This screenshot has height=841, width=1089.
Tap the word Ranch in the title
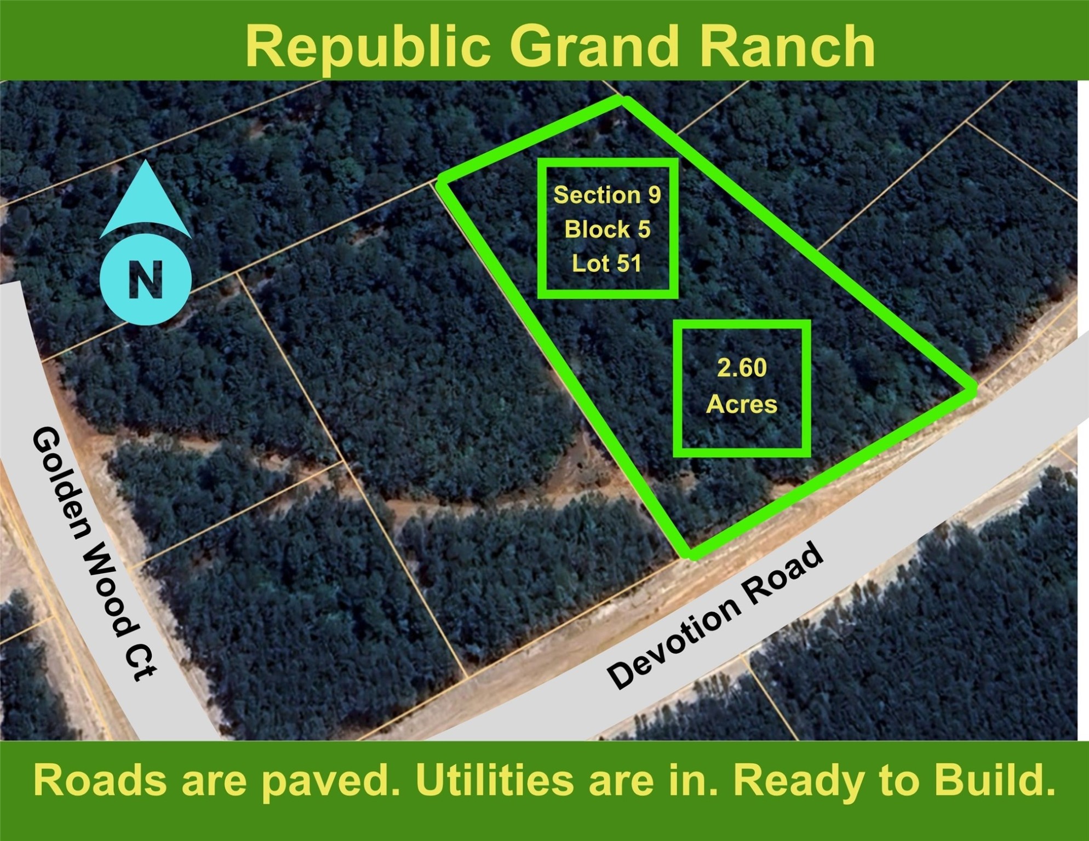point(789,47)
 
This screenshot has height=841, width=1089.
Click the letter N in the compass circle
point(146,280)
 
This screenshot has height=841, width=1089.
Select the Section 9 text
point(607,195)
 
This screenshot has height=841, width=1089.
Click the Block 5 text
point(607,229)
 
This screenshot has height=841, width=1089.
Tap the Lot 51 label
point(607,263)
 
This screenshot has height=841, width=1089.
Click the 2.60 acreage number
point(742,368)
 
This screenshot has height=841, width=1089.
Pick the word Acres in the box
point(742,405)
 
